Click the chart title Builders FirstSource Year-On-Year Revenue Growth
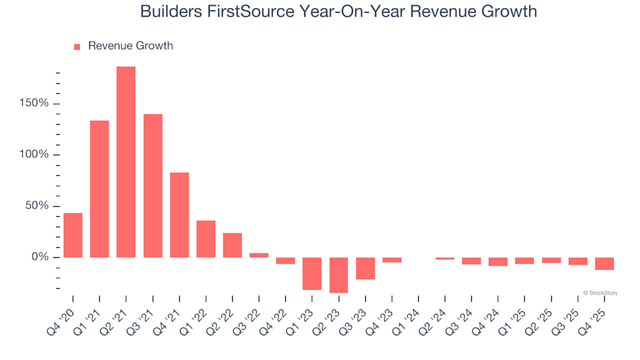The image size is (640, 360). click(339, 12)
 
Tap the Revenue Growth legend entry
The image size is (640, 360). click(123, 46)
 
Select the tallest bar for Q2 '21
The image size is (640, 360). click(126, 162)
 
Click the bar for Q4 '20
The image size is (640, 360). click(73, 235)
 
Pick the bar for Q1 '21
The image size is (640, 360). click(99, 189)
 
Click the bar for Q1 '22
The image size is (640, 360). click(206, 239)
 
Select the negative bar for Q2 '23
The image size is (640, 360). click(339, 275)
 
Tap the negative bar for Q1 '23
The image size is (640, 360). click(312, 273)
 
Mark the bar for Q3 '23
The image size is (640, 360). click(365, 268)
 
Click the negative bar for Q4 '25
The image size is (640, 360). click(605, 263)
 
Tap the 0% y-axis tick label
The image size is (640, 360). click(40, 257)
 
